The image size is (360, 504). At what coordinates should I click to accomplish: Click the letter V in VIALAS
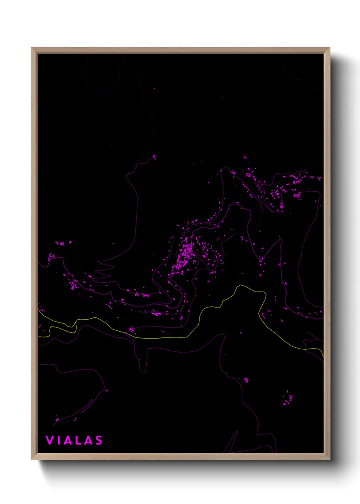click(49, 440)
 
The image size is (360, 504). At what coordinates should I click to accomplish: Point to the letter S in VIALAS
click(98, 440)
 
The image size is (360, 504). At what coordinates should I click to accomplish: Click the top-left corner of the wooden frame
click(32, 48)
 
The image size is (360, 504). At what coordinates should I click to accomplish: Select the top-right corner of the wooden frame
click(329, 48)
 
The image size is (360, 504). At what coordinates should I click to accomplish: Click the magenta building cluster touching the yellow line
click(131, 330)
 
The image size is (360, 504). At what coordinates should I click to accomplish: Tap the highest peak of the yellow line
click(241, 285)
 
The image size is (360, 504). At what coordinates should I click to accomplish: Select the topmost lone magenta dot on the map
click(154, 89)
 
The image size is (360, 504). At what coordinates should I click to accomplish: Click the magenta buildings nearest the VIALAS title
click(57, 420)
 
